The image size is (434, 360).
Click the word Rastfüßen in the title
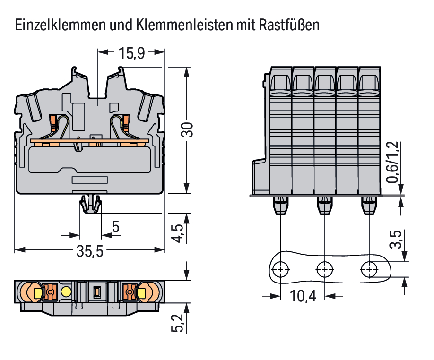[x=289, y=25]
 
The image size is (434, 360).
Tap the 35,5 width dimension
[x=90, y=251]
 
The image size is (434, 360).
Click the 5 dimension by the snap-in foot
[x=115, y=227]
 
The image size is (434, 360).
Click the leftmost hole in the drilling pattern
[x=281, y=270]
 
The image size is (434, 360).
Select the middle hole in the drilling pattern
[x=324, y=270]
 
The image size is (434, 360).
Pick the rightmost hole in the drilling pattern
[x=368, y=270]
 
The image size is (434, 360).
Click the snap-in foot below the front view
[x=90, y=204]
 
